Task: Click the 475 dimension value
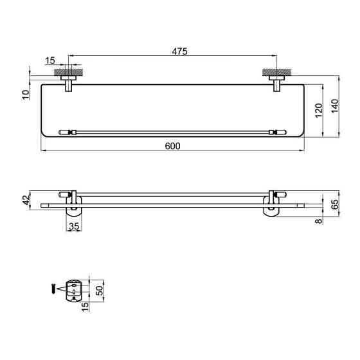click(x=179, y=51)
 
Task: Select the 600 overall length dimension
click(x=173, y=146)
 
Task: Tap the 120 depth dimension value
click(x=319, y=111)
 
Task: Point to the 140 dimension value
click(x=335, y=106)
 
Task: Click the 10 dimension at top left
click(x=26, y=94)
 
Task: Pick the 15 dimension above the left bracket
click(x=50, y=60)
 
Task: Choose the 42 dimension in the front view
click(x=26, y=200)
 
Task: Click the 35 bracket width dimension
click(x=74, y=226)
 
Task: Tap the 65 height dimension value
click(x=335, y=204)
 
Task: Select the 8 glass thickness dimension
click(x=319, y=221)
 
